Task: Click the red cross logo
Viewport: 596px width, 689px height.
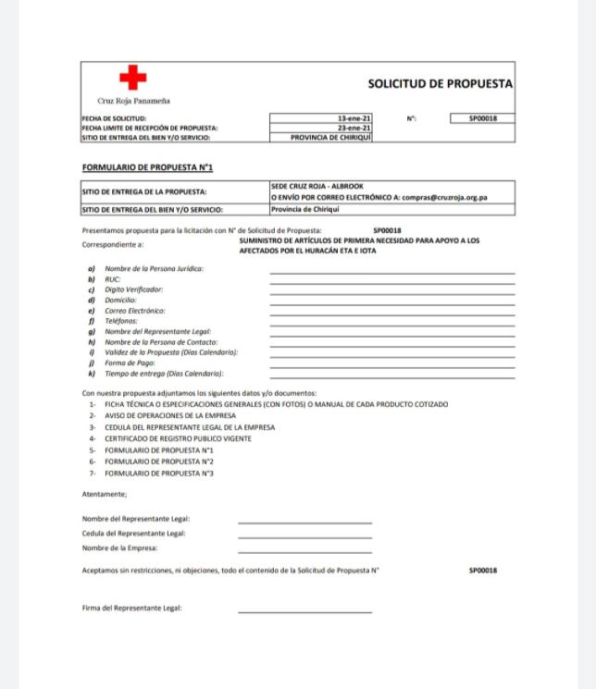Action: [133, 77]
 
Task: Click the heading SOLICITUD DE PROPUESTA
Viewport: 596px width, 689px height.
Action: [440, 83]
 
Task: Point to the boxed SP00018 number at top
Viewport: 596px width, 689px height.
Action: [483, 118]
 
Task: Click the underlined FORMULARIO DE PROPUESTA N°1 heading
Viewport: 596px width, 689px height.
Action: [148, 167]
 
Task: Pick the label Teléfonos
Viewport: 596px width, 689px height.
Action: [120, 321]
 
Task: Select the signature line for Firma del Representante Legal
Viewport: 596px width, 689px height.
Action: [304, 610]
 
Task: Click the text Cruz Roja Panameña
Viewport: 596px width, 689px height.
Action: [133, 100]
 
